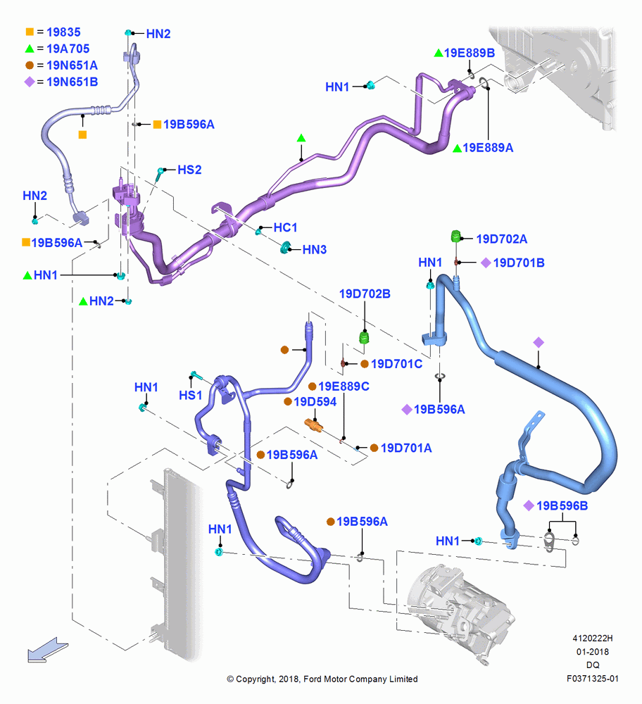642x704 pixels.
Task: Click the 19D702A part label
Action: click(501, 239)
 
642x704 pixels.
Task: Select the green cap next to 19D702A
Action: click(455, 236)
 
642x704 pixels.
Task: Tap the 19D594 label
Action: click(315, 402)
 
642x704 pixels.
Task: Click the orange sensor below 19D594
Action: click(313, 425)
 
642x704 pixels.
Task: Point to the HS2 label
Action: click(189, 170)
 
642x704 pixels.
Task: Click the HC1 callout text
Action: click(286, 227)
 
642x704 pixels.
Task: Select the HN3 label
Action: click(314, 250)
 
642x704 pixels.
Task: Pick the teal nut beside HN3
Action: click(284, 247)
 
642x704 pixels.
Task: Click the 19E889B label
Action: click(470, 53)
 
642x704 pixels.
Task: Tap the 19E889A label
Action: click(488, 148)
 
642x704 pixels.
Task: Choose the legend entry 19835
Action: click(64, 32)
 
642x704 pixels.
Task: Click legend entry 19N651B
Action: click(73, 82)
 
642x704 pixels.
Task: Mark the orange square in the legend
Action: click(30, 32)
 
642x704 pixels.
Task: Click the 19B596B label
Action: click(562, 506)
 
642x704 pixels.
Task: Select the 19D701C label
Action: click(396, 364)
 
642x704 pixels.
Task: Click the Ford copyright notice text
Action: click(322, 679)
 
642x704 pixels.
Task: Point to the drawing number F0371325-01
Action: click(593, 679)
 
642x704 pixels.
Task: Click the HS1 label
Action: click(190, 396)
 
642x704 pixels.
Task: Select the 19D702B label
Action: click(365, 294)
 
